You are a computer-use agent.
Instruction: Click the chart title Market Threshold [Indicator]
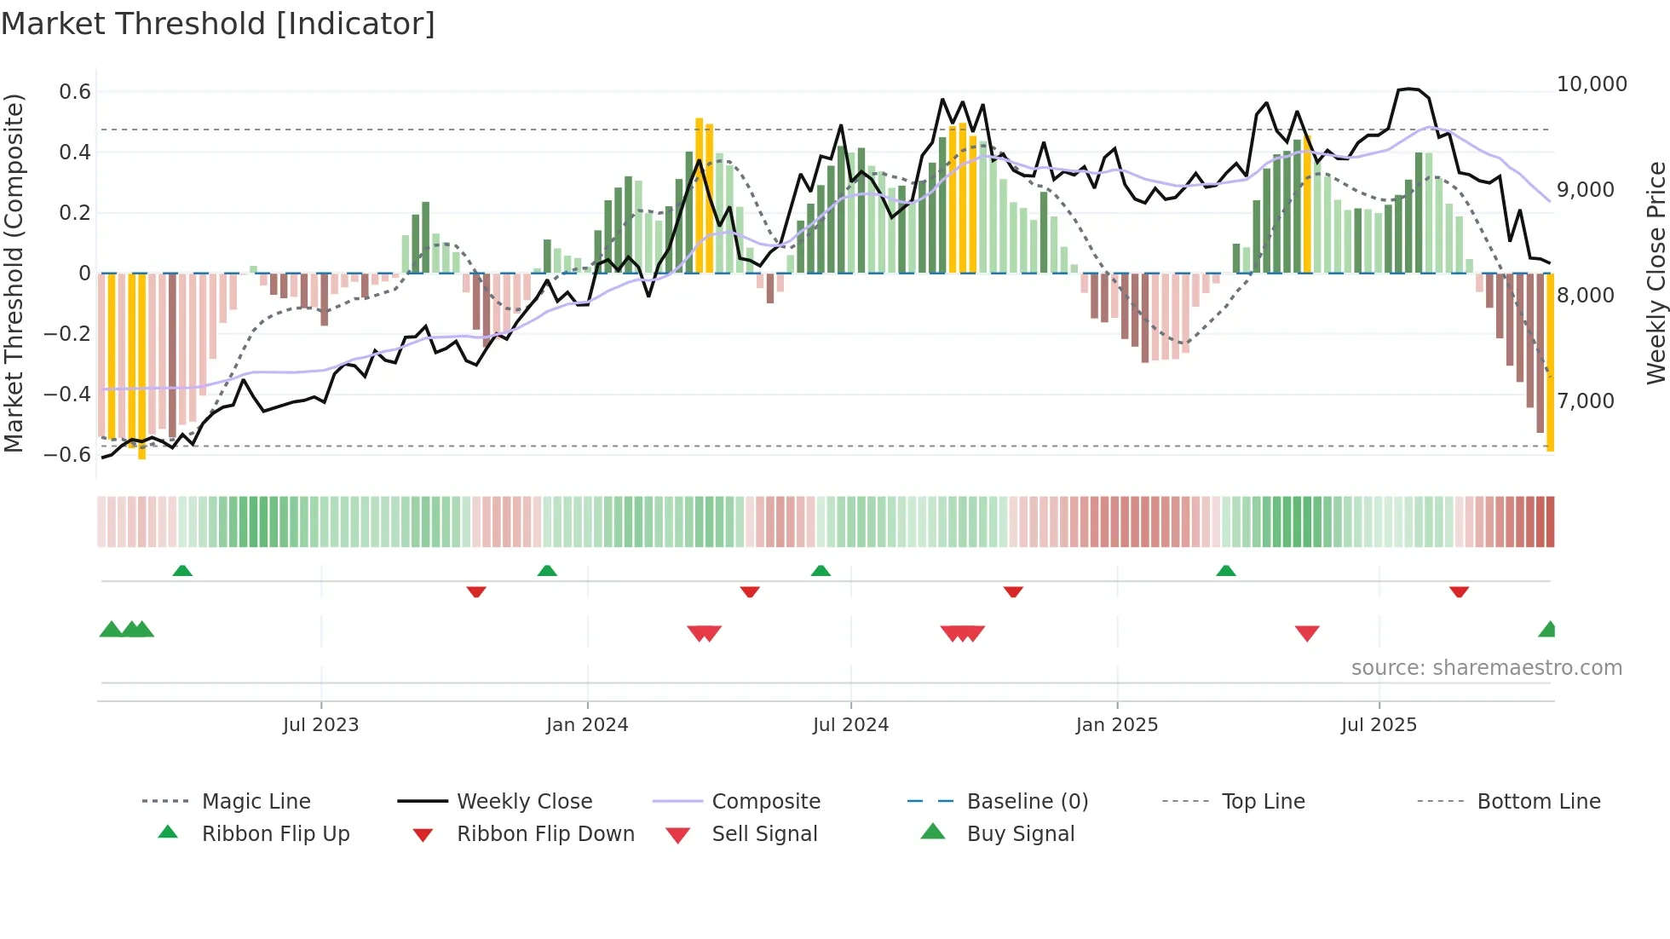[218, 24]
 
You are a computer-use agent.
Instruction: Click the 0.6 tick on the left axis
[75, 92]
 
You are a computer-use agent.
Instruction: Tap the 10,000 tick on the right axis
[1592, 84]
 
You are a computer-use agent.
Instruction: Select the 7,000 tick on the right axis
[1586, 400]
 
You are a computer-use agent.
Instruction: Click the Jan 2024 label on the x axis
[587, 725]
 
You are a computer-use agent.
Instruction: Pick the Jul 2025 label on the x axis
[1379, 725]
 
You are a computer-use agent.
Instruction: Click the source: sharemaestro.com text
[1486, 668]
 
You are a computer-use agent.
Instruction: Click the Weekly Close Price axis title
[1656, 273]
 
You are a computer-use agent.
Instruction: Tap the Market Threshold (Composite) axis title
[14, 273]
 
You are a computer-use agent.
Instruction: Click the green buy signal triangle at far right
[1548, 631]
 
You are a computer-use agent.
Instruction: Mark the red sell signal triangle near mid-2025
[1307, 632]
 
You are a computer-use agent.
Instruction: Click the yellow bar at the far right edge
[1551, 362]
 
